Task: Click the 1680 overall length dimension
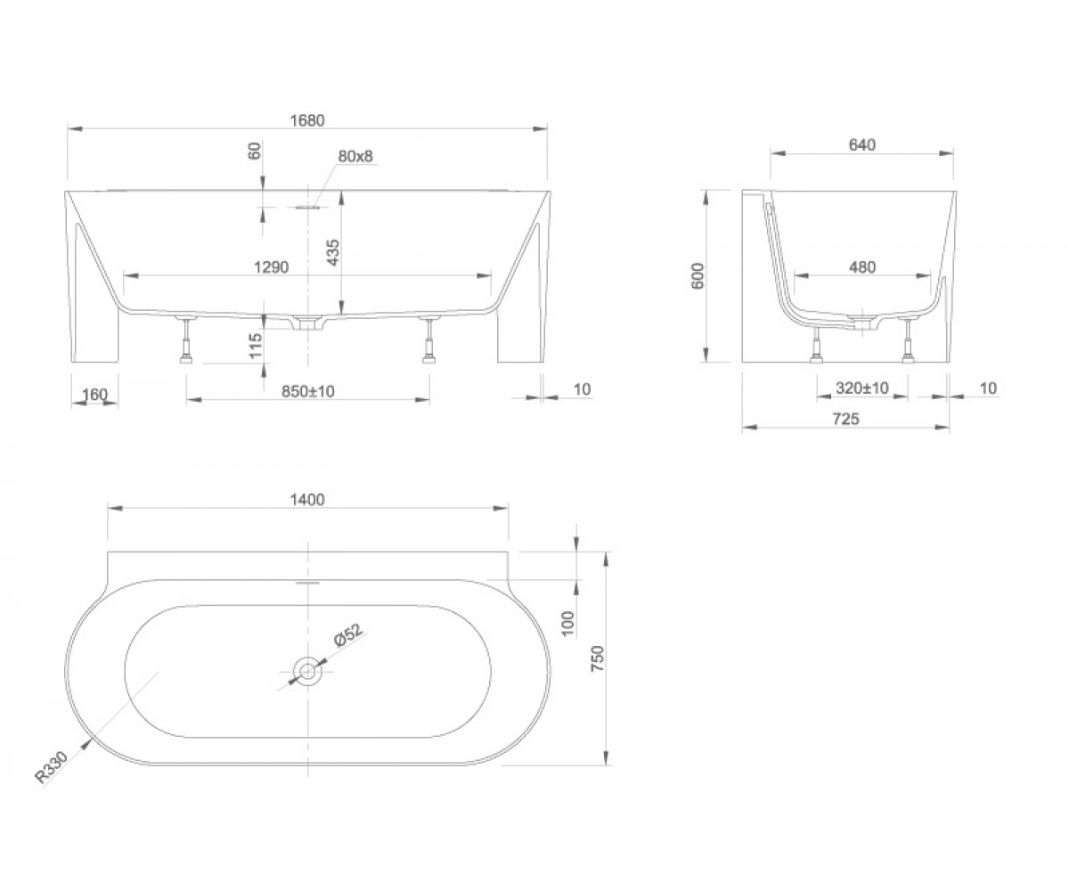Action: [307, 120]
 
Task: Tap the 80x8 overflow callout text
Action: [355, 156]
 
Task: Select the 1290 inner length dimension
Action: [272, 266]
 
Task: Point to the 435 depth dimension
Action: [332, 252]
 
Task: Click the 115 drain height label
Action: [255, 345]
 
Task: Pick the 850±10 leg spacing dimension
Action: [307, 391]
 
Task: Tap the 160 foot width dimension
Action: [94, 395]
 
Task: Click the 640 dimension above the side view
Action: [862, 145]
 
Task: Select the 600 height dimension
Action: [698, 276]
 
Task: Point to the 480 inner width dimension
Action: [862, 266]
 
